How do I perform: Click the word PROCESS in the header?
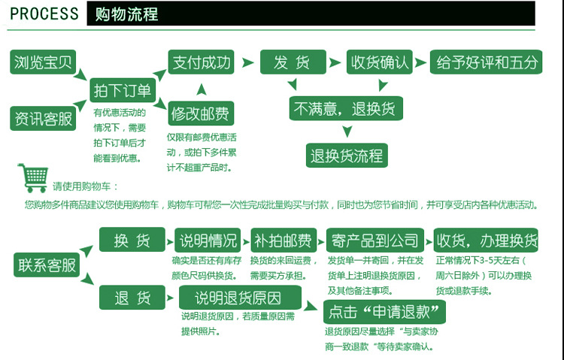[44, 14]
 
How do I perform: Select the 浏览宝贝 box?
[42, 62]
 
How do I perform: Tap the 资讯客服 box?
[42, 118]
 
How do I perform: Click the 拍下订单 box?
[122, 91]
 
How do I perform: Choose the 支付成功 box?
[201, 62]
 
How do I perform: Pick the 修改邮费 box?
[201, 113]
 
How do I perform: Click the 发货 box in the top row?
[293, 62]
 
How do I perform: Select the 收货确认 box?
[379, 62]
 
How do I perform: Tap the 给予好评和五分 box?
[486, 62]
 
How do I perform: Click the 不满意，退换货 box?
[347, 107]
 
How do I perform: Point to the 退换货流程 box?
[347, 156]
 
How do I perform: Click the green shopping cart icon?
[32, 179]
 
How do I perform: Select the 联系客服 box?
[47, 265]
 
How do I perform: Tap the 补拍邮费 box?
[283, 241]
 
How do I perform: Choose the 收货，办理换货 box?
[487, 241]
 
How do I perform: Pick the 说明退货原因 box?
[240, 298]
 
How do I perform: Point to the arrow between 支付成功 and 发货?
[247, 62]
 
